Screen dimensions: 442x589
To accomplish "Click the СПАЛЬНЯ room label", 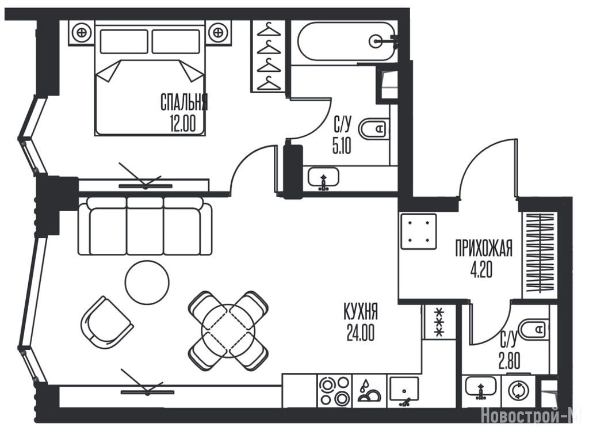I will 183,103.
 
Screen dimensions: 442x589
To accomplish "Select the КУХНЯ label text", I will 360,313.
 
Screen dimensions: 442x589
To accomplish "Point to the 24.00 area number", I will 360,334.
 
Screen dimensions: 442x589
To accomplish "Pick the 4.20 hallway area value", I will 483,270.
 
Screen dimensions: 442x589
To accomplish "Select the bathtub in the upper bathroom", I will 347,41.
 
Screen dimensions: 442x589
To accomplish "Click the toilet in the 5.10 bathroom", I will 374,129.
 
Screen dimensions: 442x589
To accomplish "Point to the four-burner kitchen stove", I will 334,391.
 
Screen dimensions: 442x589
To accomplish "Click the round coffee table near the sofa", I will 147,282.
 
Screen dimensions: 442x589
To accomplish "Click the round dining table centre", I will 228,330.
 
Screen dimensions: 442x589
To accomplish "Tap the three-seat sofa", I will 145,226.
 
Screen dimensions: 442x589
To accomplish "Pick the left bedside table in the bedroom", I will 82,32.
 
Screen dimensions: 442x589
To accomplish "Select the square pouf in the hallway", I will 418,231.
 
